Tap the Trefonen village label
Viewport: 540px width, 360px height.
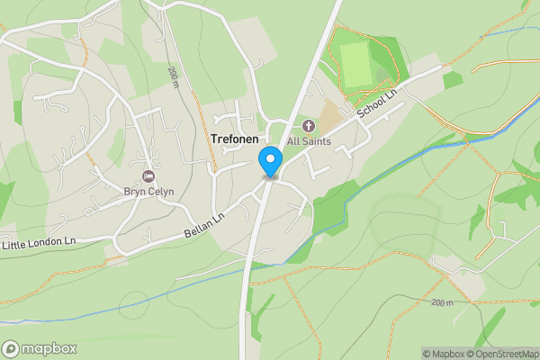click(234, 140)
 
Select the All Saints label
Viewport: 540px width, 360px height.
click(309, 141)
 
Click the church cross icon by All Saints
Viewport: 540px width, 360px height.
click(309, 126)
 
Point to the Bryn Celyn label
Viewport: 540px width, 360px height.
click(148, 191)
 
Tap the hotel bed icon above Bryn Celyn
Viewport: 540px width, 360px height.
click(148, 175)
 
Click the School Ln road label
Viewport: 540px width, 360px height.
click(376, 103)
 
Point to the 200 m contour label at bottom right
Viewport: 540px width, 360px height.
click(443, 302)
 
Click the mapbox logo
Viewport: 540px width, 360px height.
click(40, 349)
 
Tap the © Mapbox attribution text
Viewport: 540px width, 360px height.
click(443, 354)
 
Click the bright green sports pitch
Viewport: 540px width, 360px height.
click(357, 65)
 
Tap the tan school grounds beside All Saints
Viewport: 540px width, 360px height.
click(332, 114)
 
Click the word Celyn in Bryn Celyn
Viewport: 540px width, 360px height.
click(159, 191)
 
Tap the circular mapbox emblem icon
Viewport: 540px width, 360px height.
click(11, 349)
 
